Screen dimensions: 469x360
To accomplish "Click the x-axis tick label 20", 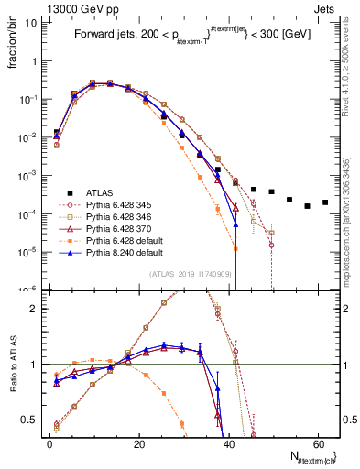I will coord(139,443).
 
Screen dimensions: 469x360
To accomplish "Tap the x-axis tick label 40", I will coord(229,443).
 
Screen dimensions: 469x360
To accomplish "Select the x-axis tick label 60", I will coord(318,443).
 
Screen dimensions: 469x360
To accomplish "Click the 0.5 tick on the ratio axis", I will coord(30,420).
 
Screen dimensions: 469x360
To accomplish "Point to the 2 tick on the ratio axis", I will coord(34,308).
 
